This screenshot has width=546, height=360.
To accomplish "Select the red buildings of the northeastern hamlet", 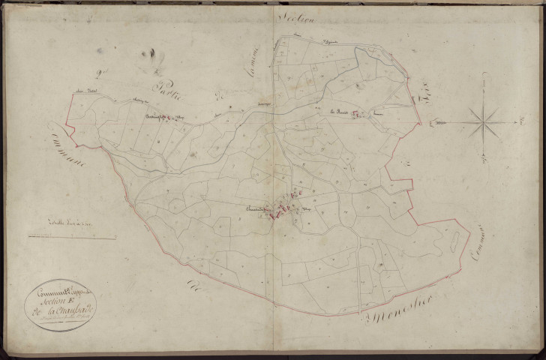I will (358, 114).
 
